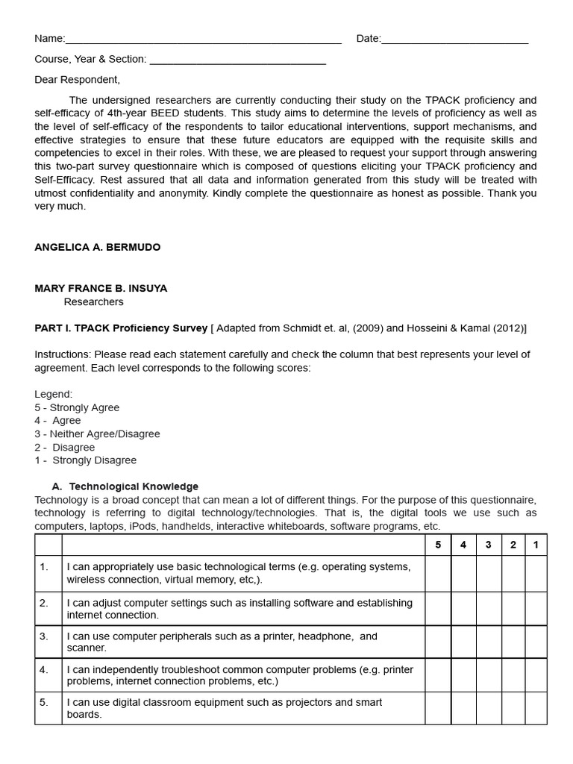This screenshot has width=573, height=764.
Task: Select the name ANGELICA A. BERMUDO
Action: [98, 248]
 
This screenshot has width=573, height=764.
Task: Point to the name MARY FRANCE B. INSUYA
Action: [101, 289]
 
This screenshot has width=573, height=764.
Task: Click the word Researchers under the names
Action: [93, 302]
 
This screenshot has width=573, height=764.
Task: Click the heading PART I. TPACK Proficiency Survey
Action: [121, 328]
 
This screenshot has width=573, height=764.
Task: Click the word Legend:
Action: [54, 394]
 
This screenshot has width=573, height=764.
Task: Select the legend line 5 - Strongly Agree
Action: [77, 407]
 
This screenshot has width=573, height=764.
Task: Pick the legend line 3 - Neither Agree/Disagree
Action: [97, 433]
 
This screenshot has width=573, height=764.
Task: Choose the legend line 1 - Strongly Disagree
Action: [85, 460]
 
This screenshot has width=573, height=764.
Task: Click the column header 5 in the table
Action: [438, 545]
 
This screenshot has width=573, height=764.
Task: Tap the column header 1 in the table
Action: [536, 545]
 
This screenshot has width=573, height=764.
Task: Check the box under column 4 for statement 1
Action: [463, 573]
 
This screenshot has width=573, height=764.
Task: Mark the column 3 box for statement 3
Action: [488, 642]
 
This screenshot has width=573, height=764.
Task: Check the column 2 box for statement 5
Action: [513, 708]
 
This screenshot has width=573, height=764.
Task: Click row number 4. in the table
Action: [44, 669]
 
